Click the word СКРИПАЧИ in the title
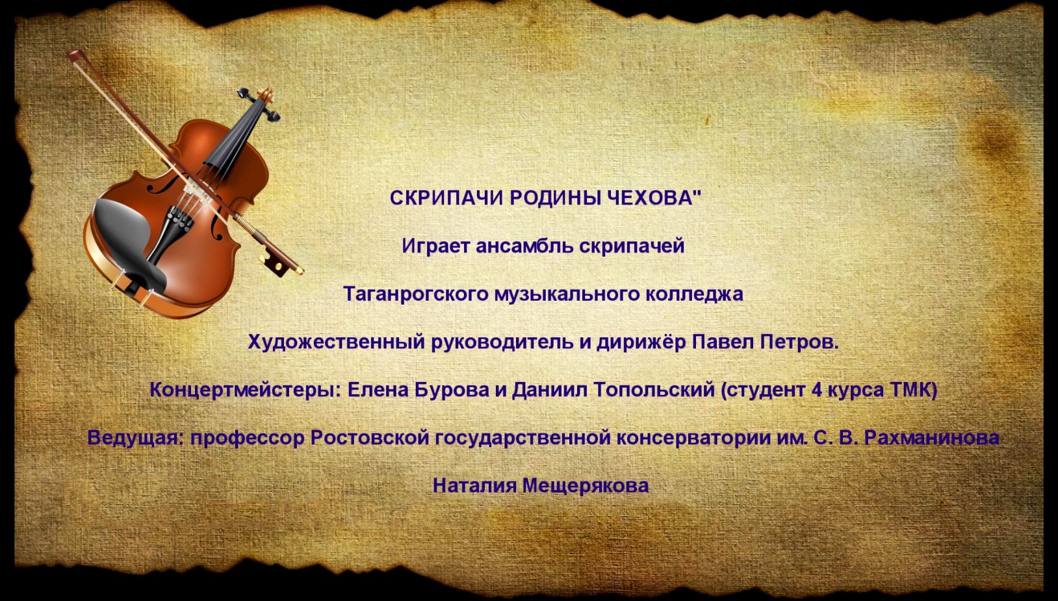[446, 198]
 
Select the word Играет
[435, 246]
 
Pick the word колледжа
[694, 294]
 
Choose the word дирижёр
[641, 342]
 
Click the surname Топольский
[654, 390]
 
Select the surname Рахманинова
[931, 438]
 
